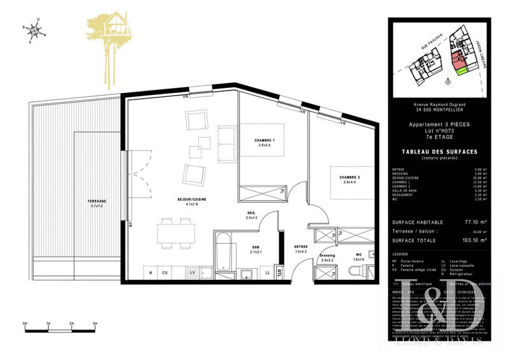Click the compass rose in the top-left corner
pyautogui.click(x=34, y=31)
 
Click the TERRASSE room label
pyautogui.click(x=97, y=201)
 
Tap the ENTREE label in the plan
pyautogui.click(x=301, y=246)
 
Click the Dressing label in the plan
pyautogui.click(x=326, y=256)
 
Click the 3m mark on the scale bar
pyautogui.click(x=95, y=324)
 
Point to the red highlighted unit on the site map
pyautogui.click(x=456, y=61)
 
